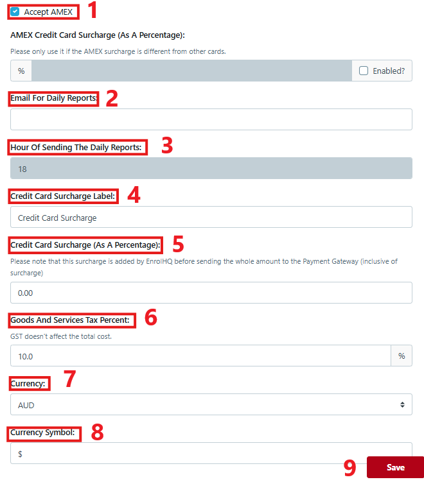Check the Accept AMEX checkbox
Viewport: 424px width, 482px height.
pos(15,12)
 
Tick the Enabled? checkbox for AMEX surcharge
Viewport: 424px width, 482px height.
pos(364,71)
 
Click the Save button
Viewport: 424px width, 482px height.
pos(395,467)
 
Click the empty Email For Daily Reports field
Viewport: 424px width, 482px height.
pos(211,119)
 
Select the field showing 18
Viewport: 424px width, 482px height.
pos(211,169)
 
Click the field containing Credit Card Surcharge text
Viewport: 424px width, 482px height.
pos(211,218)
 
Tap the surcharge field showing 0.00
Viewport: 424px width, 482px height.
pos(211,293)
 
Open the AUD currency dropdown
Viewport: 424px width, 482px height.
pos(211,405)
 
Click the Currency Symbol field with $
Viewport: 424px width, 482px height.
pos(211,454)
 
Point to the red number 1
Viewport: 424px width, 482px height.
pos(92,10)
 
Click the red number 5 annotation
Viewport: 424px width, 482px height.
pos(178,245)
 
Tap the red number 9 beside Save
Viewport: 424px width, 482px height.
pos(349,468)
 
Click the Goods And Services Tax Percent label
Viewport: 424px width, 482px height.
pos(71,320)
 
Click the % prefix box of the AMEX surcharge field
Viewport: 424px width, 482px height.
pos(21,71)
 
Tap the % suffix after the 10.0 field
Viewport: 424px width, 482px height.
pos(402,356)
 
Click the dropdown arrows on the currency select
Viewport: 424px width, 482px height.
pos(402,405)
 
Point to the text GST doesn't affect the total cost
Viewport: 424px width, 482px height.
pos(61,336)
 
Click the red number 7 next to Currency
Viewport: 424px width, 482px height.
pos(70,379)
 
